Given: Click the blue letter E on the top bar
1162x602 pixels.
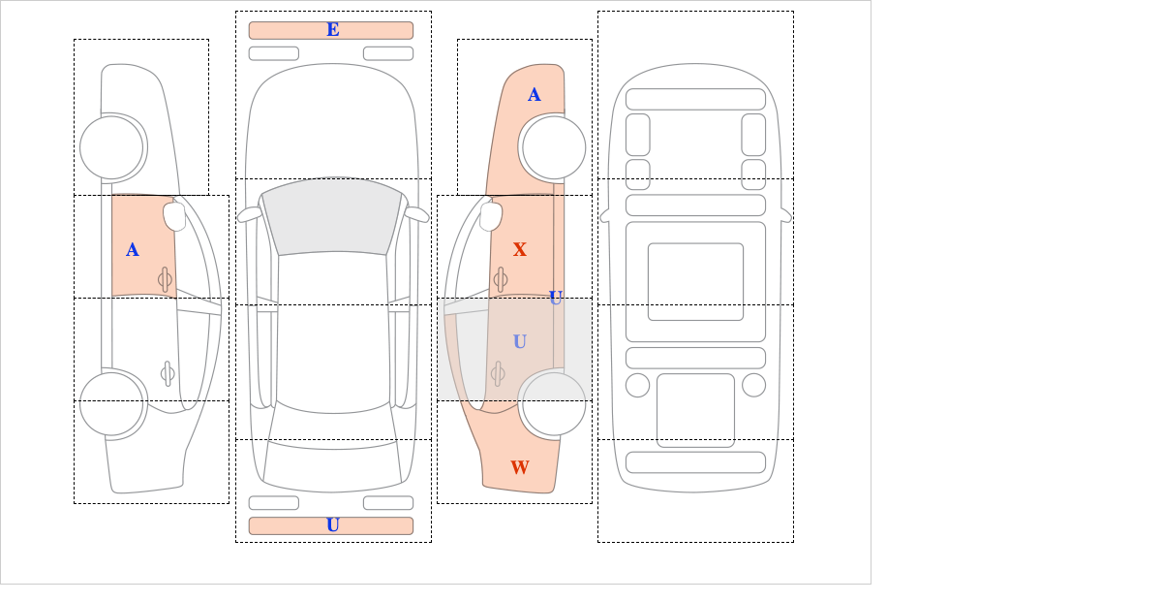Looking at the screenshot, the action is pyautogui.click(x=333, y=30).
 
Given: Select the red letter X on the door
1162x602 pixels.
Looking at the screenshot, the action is pyautogui.click(x=520, y=249).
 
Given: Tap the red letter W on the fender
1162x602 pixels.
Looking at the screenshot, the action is pyautogui.click(x=520, y=467).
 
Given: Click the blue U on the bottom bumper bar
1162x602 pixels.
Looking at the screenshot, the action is pyautogui.click(x=333, y=525).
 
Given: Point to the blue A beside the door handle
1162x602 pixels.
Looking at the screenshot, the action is pyautogui.click(x=133, y=250).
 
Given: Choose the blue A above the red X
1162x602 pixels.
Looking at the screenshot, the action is pyautogui.click(x=535, y=95).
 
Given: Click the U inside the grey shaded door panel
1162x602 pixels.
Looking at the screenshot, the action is pyautogui.click(x=520, y=341).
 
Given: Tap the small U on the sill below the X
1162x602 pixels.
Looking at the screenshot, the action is pyautogui.click(x=556, y=298).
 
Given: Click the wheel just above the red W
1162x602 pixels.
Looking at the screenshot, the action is pyautogui.click(x=552, y=403).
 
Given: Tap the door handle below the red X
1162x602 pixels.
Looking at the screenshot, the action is pyautogui.click(x=501, y=279).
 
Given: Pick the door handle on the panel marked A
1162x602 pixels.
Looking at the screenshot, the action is pyautogui.click(x=165, y=279).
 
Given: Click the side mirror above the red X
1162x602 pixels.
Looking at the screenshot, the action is pyautogui.click(x=491, y=216).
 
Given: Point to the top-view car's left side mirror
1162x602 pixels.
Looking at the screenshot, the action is pyautogui.click(x=250, y=214).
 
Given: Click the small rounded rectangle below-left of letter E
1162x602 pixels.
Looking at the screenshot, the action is pyautogui.click(x=274, y=53).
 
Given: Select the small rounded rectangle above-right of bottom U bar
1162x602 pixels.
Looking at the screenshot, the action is pyautogui.click(x=388, y=503).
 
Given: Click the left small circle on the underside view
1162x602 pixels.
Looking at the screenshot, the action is pyautogui.click(x=637, y=386).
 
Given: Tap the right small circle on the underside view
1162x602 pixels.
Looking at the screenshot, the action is pyautogui.click(x=753, y=386).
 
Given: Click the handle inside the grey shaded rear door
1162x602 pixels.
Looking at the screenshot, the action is pyautogui.click(x=498, y=373).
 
